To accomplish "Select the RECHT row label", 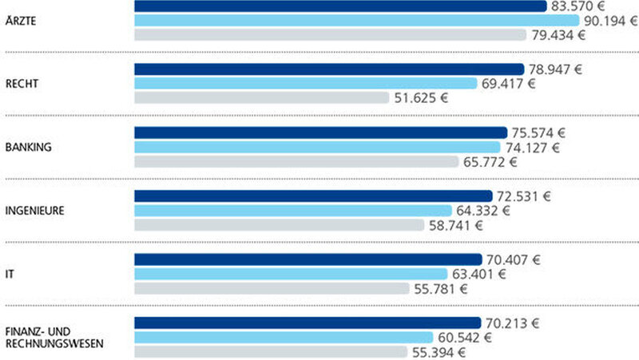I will pyautogui.click(x=21, y=84).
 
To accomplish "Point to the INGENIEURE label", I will pyautogui.click(x=34, y=211).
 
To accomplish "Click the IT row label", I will pyautogui.click(x=9, y=274).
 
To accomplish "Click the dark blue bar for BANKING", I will pyautogui.click(x=320, y=133).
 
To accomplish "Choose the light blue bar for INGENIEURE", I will pyautogui.click(x=292, y=211).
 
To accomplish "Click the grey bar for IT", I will pyautogui.click(x=272, y=288).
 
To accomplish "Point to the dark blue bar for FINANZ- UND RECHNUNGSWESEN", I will pyautogui.click(x=308, y=322).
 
